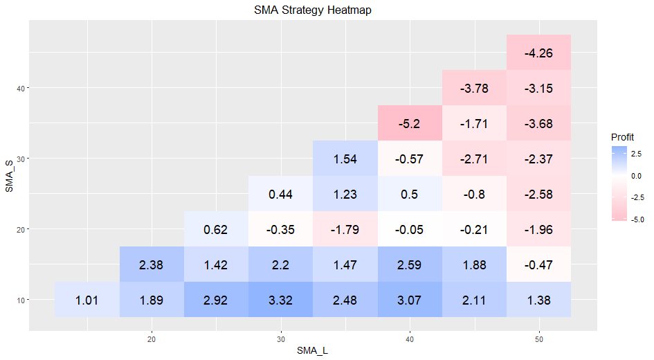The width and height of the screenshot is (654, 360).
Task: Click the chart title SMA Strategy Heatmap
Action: pyautogui.click(x=312, y=10)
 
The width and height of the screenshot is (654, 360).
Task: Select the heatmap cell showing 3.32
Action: pyautogui.click(x=281, y=300)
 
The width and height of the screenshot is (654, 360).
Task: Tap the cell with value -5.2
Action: pyautogui.click(x=410, y=123)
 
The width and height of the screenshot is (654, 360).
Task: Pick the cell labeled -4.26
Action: pyautogui.click(x=539, y=53)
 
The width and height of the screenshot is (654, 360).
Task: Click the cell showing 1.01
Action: pyautogui.click(x=87, y=300)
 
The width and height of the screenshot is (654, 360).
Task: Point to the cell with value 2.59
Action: pyautogui.click(x=410, y=264)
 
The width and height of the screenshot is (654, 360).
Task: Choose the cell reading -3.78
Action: pyautogui.click(x=474, y=88)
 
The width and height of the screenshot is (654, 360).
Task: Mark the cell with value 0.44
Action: pyautogui.click(x=281, y=194)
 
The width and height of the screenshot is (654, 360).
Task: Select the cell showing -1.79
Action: pyautogui.click(x=345, y=229)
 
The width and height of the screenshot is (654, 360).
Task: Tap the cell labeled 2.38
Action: pyautogui.click(x=152, y=264)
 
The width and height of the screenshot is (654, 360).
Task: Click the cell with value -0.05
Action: pyautogui.click(x=410, y=229)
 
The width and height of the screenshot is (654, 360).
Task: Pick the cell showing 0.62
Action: pyautogui.click(x=216, y=229)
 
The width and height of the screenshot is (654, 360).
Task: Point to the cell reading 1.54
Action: pyautogui.click(x=345, y=158)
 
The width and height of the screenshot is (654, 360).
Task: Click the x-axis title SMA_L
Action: pyautogui.click(x=312, y=351)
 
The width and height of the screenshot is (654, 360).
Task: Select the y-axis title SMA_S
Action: pyautogui.click(x=9, y=176)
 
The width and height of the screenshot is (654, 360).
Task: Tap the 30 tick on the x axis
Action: pyautogui.click(x=281, y=339)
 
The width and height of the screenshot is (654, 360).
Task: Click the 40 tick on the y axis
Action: pyautogui.click(x=21, y=88)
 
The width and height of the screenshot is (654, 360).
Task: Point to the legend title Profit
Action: pyautogui.click(x=622, y=137)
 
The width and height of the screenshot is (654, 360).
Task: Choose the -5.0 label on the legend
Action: pyautogui.click(x=637, y=219)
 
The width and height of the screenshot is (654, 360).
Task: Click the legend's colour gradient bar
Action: pyautogui.click(x=619, y=183)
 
